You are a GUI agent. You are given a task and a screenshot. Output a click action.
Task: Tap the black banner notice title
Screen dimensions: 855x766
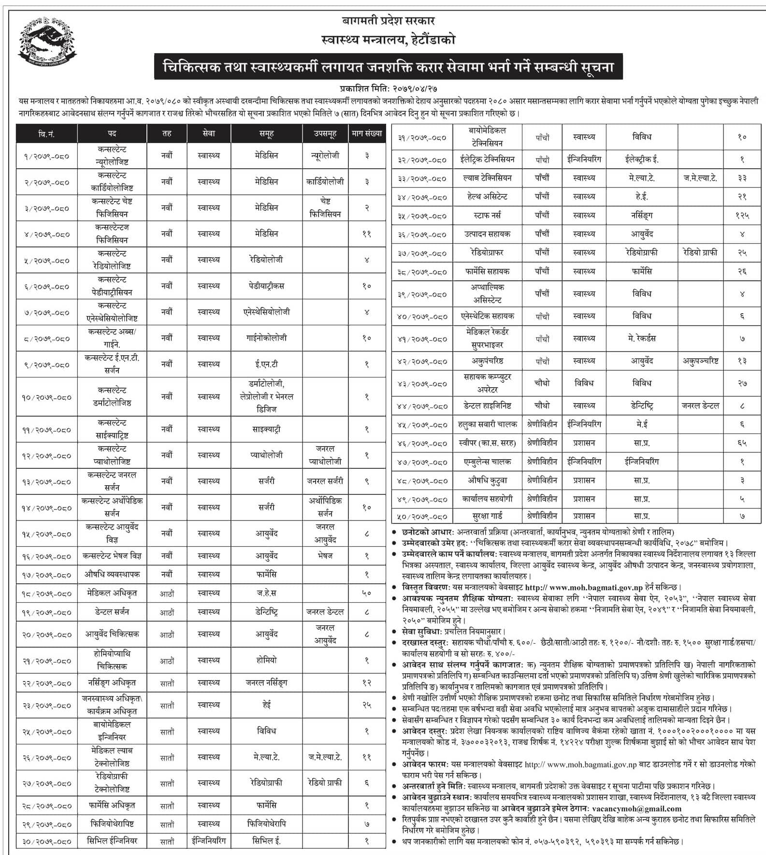[388, 67]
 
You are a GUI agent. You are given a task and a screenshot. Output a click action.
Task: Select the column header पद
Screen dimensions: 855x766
[112, 133]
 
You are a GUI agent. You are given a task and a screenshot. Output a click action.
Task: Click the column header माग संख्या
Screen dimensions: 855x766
[367, 133]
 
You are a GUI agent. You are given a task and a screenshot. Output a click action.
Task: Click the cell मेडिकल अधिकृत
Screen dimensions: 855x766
[112, 593]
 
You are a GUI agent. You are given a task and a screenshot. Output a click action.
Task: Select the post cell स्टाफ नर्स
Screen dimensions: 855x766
[487, 215]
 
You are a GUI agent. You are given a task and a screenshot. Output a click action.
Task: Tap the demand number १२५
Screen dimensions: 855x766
[742, 216]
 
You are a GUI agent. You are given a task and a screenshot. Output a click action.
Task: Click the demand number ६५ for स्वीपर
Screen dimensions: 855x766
[742, 443]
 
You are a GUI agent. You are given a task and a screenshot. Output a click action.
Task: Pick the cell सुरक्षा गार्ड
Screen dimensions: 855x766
[487, 516]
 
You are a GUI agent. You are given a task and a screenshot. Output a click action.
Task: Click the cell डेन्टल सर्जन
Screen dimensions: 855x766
[112, 612]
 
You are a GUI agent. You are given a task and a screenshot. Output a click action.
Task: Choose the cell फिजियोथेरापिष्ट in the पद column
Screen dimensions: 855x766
[112, 823]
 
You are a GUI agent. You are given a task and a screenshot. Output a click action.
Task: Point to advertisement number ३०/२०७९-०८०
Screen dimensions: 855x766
[46, 842]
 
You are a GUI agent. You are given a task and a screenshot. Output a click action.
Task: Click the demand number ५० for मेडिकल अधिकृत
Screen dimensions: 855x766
[367, 593]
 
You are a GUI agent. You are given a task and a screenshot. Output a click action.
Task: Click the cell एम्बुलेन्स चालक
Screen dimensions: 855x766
[487, 462]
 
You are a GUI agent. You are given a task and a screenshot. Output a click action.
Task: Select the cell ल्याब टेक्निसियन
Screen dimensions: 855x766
[487, 178]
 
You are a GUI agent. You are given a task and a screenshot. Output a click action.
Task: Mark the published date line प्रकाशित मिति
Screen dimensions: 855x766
[388, 89]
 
